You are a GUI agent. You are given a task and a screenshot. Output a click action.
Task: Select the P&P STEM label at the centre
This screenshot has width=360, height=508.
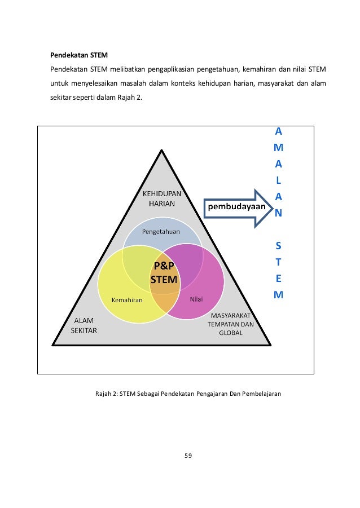163,273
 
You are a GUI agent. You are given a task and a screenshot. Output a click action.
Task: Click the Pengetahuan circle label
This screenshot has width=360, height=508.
161,231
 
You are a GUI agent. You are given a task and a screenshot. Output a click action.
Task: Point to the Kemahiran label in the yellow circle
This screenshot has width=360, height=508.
127,299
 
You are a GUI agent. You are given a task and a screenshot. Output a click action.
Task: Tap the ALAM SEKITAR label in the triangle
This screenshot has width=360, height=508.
84,326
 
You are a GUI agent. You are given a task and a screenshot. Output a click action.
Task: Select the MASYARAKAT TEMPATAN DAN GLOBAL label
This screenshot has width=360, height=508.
231,324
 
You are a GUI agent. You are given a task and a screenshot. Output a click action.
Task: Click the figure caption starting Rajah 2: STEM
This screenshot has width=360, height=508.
187,393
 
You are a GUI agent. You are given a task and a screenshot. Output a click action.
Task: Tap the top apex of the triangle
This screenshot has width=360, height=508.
163,151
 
